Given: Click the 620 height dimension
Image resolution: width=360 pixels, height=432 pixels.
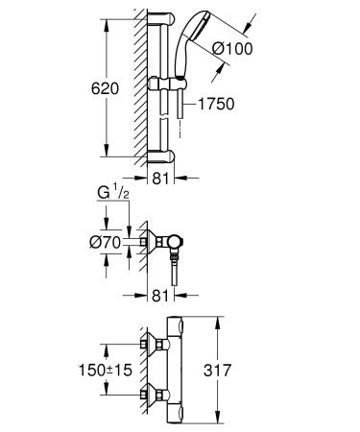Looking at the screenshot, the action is click(105, 88).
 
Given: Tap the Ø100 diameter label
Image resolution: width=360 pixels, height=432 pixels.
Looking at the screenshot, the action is click(232, 49).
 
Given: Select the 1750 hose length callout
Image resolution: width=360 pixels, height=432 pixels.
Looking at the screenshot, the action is click(217, 104).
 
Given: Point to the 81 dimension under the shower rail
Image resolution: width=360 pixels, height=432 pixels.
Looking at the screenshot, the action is click(160, 178).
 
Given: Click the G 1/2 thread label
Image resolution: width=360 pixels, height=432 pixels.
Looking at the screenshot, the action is click(113, 193).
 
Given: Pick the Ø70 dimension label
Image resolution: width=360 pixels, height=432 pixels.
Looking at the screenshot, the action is click(106, 242).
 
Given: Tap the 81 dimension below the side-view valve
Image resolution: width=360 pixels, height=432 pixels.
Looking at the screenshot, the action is click(160, 296).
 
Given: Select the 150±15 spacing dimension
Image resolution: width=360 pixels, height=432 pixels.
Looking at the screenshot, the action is click(106, 370).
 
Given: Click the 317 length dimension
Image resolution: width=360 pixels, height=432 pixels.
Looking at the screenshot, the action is click(217, 371).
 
